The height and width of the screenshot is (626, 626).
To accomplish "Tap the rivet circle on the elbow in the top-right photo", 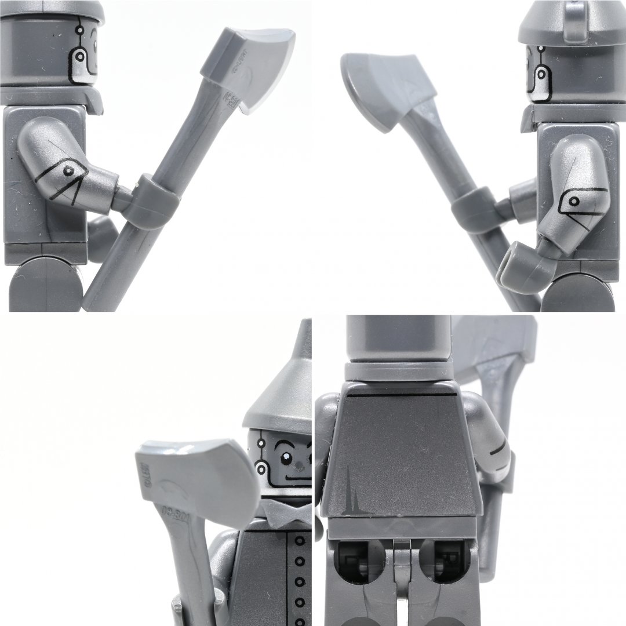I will pyautogui.click(x=574, y=201).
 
